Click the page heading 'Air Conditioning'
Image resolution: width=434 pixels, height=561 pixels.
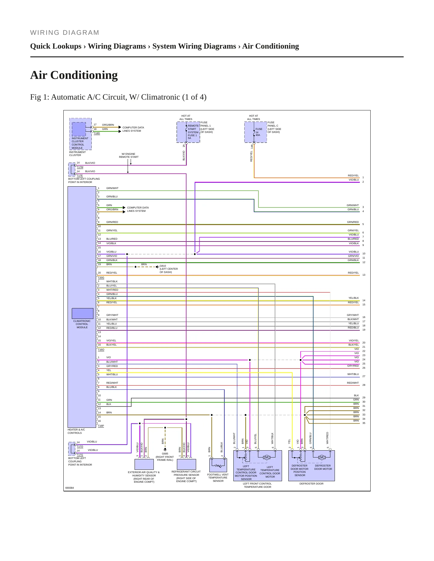point(74,75)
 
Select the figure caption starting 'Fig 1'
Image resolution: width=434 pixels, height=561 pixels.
point(118,97)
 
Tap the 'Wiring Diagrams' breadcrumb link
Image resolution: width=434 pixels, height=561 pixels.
point(117,46)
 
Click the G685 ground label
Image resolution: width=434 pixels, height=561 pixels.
point(165,454)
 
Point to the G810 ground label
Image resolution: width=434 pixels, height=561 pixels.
point(163,266)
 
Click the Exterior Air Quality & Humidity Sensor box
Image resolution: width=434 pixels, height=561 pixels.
point(144,464)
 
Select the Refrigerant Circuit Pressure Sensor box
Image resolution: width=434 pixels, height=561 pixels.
point(187,464)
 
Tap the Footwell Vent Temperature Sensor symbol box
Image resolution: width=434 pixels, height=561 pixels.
point(218,465)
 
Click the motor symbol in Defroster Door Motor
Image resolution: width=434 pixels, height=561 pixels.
point(322,457)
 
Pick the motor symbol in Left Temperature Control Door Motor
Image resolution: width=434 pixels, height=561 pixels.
point(266,457)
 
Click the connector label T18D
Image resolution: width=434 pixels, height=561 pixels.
point(97,133)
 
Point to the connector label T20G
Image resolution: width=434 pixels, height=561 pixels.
point(101,278)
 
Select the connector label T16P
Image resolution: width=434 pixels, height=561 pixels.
point(101,426)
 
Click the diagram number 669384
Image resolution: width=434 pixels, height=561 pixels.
point(70,488)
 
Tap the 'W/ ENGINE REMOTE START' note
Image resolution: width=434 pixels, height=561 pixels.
point(129,155)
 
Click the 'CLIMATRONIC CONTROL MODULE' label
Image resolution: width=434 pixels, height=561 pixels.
point(82,324)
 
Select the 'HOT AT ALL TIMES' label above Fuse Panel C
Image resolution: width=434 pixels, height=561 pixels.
point(253,118)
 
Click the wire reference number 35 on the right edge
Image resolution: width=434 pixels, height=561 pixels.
point(364,423)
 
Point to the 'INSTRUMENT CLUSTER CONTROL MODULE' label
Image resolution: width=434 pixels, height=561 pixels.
point(80,143)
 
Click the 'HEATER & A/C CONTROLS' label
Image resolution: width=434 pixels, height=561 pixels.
point(76,431)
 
